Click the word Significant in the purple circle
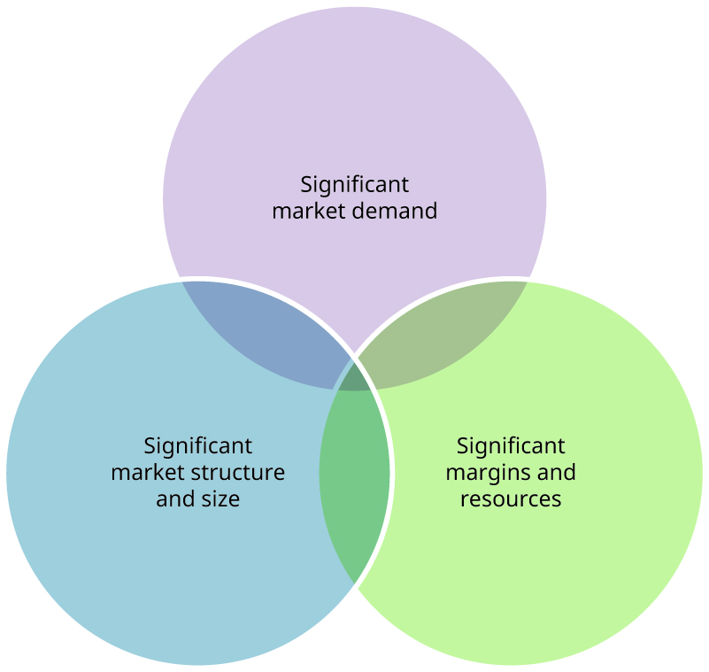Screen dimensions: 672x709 [354, 185]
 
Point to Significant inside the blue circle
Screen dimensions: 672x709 [197, 445]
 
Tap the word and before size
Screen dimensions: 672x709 [174, 498]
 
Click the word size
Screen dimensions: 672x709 [220, 498]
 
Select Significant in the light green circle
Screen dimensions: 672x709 [511, 445]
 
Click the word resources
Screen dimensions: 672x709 [511, 498]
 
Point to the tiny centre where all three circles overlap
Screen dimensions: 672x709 [355, 375]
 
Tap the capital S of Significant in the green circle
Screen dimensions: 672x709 [461, 445]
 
